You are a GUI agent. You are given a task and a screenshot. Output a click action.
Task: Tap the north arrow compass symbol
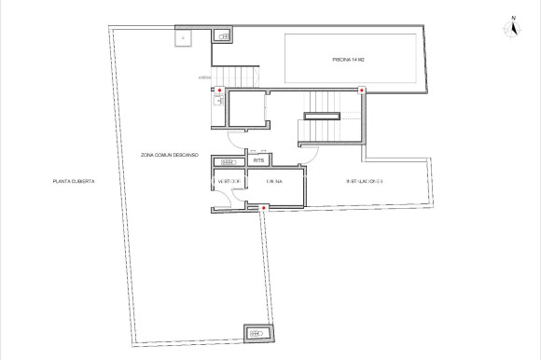tap(512, 30)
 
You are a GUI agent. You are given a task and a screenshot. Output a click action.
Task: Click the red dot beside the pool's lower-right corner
tap(362, 90)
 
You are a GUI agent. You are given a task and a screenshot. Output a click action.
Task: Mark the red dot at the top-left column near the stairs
tap(219, 90)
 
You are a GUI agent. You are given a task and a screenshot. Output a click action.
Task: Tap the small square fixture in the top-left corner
tap(184, 38)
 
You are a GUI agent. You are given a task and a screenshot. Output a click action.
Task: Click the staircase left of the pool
tap(244, 76)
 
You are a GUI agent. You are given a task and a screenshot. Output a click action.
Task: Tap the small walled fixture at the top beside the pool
tap(224, 35)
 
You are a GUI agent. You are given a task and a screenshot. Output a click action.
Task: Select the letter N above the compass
tap(512, 17)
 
